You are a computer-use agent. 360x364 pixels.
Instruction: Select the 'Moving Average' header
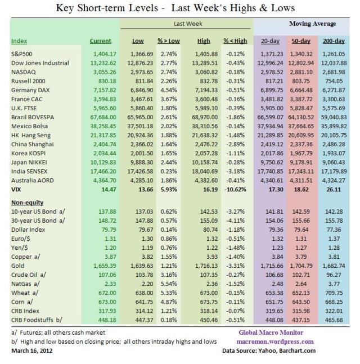pos(312,24)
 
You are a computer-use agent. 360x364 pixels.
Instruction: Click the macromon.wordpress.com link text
pos(276,341)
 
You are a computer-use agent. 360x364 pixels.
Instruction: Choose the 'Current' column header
pos(101,41)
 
